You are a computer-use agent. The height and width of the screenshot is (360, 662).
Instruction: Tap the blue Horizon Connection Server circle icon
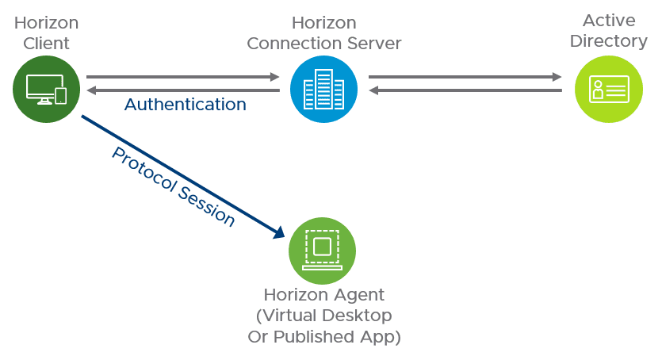point(323,89)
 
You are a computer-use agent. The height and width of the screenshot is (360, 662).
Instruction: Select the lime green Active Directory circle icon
point(608,89)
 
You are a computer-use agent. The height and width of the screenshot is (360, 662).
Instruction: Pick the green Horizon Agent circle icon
point(322,251)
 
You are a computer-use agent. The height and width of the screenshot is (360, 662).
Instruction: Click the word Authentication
point(186,105)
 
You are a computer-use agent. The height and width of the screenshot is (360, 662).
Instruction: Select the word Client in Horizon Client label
point(46,44)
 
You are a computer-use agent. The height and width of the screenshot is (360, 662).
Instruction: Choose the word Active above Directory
point(609,21)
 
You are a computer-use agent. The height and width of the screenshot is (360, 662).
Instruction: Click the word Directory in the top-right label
point(609,41)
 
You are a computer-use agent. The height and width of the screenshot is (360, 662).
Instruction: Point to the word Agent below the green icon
point(354,295)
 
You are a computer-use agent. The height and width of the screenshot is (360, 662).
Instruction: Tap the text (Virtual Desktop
point(323,316)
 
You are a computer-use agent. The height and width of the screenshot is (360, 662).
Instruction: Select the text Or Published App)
point(323,336)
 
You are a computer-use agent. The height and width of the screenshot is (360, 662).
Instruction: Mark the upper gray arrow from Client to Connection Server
point(182,77)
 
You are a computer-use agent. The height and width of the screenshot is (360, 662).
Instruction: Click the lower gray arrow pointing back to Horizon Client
point(182,90)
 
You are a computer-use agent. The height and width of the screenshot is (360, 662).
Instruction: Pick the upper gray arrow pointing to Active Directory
point(465,77)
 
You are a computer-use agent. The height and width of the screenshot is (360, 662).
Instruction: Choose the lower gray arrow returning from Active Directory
point(465,90)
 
